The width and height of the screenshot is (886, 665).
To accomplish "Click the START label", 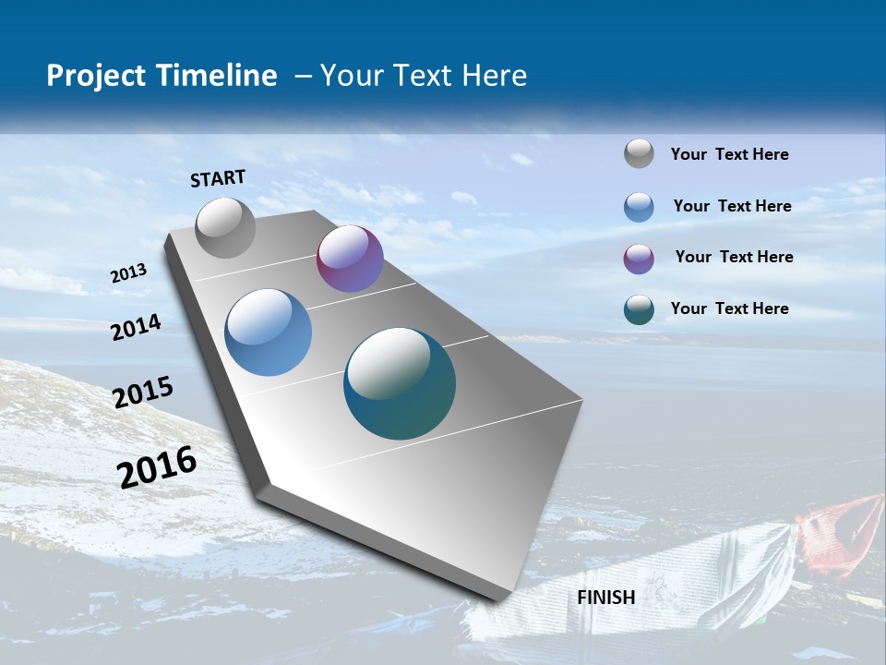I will coord(218,178).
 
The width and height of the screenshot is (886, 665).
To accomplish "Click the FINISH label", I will coord(605,598).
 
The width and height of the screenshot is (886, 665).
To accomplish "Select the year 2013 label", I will coord(128,273).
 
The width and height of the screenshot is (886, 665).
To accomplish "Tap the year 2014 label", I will coord(137,328).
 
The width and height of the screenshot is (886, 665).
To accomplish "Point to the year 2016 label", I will coord(157,467).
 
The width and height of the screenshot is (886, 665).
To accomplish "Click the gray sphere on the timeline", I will coord(225,227).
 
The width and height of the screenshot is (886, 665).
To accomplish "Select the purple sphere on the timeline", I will coord(350,259).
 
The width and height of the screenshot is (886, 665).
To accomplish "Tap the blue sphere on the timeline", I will coord(268,332).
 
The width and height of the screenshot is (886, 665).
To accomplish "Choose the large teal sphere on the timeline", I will coord(400,383).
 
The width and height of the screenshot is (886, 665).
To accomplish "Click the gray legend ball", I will coord(639,153).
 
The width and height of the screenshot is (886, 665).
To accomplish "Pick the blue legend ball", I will coord(639,206).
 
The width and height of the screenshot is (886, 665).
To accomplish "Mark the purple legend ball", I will coord(639,258).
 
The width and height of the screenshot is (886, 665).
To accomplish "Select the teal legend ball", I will coord(639,309).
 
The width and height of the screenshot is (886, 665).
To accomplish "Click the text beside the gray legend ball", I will coord(729,154).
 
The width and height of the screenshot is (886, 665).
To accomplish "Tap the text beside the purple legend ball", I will coord(734,257).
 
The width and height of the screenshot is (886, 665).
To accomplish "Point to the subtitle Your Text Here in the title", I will coord(424,76).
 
